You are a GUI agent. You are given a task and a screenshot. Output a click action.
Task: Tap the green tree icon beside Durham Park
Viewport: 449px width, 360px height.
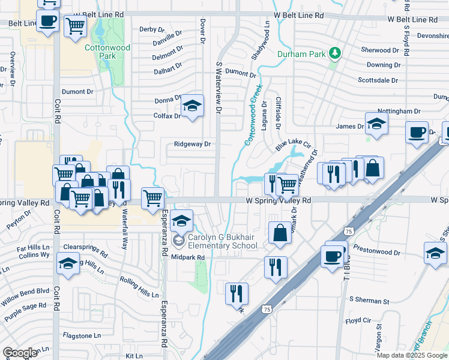point(334,54)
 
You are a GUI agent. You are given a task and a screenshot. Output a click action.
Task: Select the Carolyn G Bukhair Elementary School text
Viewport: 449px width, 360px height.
point(222,241)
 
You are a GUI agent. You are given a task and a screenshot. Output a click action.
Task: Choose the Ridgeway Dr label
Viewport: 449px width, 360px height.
point(192,144)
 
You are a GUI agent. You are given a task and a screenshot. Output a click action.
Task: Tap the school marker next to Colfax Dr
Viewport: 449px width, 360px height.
point(192,106)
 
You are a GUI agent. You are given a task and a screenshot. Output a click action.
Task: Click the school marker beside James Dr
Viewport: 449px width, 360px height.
point(376,124)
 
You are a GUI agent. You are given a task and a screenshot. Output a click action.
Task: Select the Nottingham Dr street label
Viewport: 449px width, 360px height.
point(399,111)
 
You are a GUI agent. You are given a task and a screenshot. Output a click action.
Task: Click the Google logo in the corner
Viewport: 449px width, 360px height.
point(20,352)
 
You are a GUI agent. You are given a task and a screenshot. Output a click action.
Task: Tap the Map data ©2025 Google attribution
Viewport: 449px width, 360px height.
point(412,355)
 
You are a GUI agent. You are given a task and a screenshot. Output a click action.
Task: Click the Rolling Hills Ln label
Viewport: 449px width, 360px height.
point(139,282)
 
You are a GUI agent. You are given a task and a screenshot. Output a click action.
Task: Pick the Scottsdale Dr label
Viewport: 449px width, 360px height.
point(379,79)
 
